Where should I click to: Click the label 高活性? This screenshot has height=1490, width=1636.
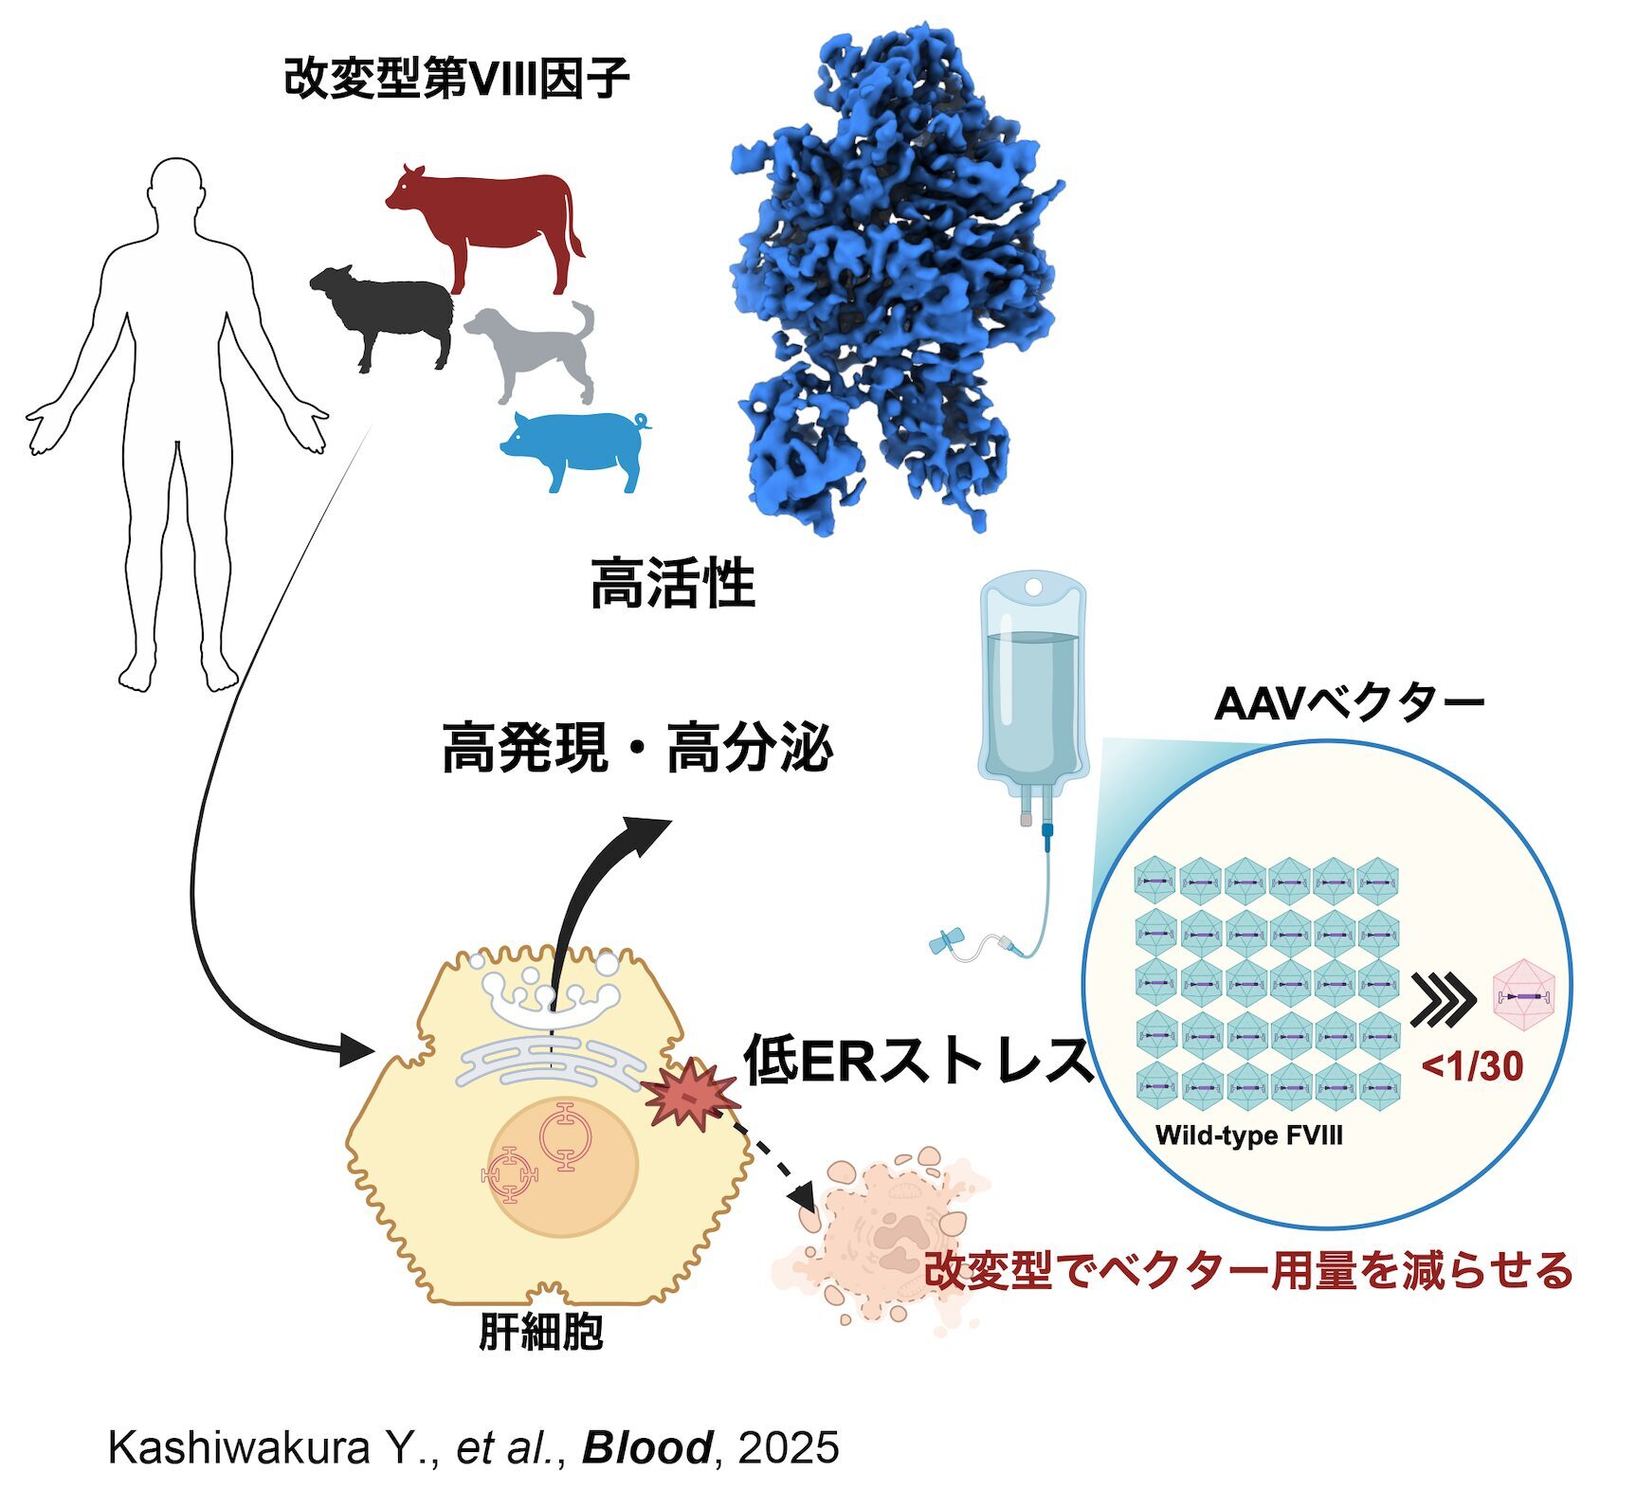click(x=672, y=584)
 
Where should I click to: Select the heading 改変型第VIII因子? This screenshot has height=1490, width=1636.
click(x=456, y=78)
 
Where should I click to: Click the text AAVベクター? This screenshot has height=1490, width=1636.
click(x=1348, y=704)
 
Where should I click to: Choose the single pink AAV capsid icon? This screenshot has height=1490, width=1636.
click(x=1525, y=996)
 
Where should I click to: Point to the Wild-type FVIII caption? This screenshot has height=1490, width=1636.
click(x=1248, y=1136)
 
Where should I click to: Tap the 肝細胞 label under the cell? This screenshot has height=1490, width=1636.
click(x=541, y=1333)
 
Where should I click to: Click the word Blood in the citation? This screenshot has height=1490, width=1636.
click(x=646, y=1448)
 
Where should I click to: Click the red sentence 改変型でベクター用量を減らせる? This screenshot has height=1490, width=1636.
click(x=1247, y=1270)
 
